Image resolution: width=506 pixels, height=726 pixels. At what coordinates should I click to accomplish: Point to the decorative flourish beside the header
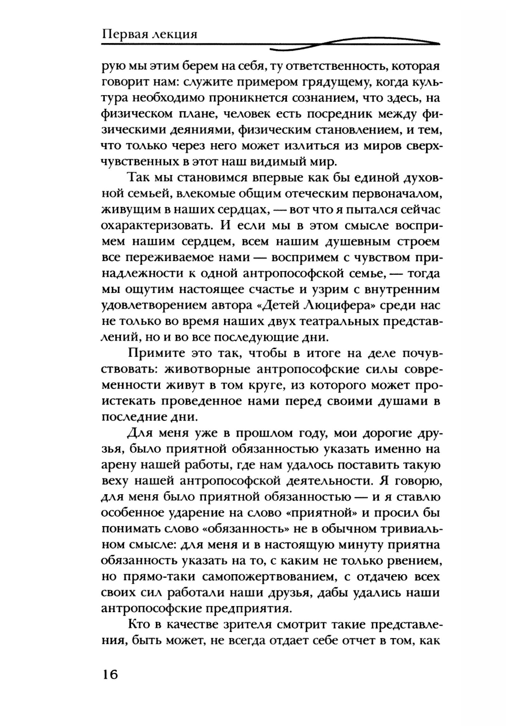pos(354,45)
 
